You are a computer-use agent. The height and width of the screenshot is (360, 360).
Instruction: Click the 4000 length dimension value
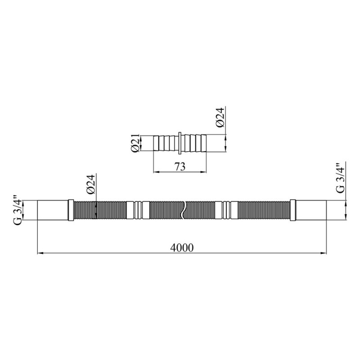(182, 248)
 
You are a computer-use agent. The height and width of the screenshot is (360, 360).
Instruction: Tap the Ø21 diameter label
(135, 143)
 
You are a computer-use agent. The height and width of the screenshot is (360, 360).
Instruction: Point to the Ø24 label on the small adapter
(220, 117)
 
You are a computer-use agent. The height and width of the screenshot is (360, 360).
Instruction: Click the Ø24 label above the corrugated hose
(91, 184)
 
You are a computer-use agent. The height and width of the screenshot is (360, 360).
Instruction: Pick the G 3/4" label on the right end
(340, 178)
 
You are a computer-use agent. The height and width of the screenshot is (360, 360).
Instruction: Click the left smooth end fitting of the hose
(53, 210)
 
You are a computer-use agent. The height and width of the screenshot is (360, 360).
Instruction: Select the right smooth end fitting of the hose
(311, 210)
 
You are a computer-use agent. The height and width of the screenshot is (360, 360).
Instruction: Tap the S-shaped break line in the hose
(183, 210)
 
